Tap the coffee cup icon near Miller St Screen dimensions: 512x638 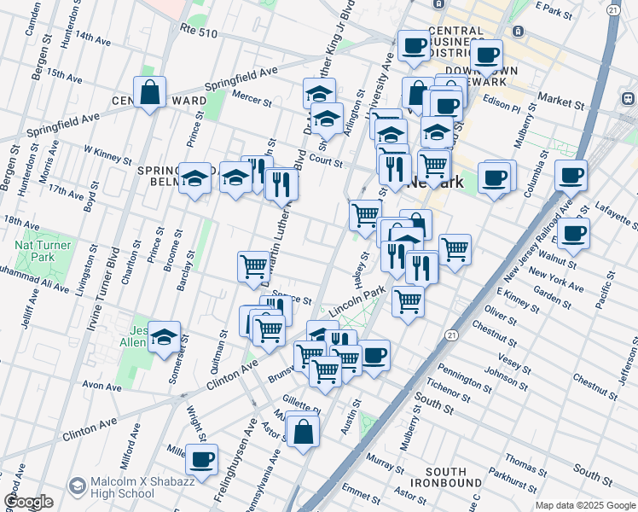click(201, 460)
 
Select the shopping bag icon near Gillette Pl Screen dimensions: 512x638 click(303, 430)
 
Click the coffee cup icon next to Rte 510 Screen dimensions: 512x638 click(414, 47)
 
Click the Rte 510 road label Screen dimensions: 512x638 click(199, 32)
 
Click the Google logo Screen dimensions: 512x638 click(28, 502)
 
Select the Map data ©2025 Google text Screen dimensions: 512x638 click(585, 505)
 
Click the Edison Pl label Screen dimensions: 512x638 click(503, 108)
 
